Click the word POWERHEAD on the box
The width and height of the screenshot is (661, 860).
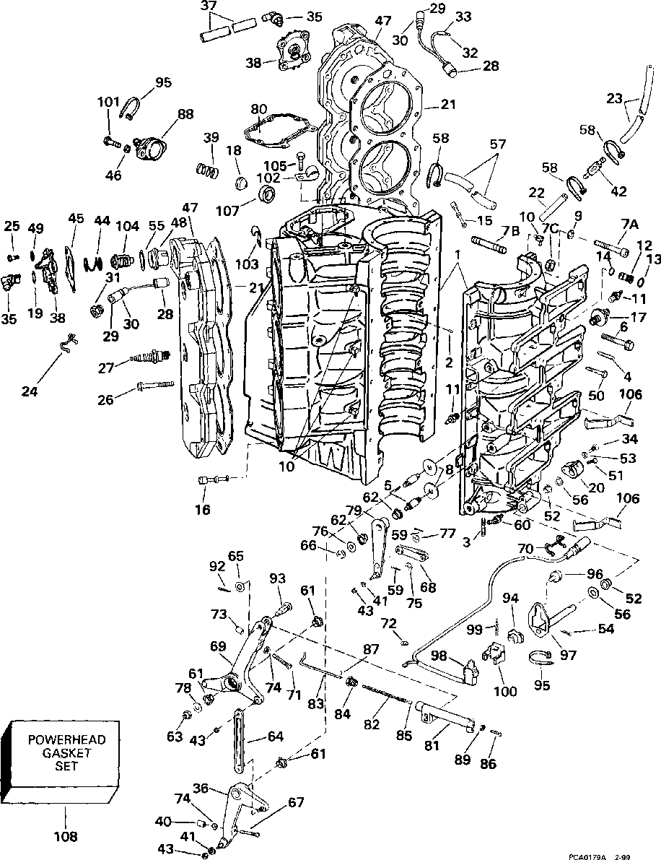[66, 740]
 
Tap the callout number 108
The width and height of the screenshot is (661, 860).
[66, 838]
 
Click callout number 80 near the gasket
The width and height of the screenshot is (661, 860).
[259, 109]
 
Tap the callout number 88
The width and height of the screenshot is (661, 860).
[185, 113]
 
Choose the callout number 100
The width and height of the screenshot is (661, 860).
[505, 692]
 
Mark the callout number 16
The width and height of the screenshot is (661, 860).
[202, 510]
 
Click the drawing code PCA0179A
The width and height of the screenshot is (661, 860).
[600, 856]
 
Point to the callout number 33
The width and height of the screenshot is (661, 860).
[463, 16]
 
